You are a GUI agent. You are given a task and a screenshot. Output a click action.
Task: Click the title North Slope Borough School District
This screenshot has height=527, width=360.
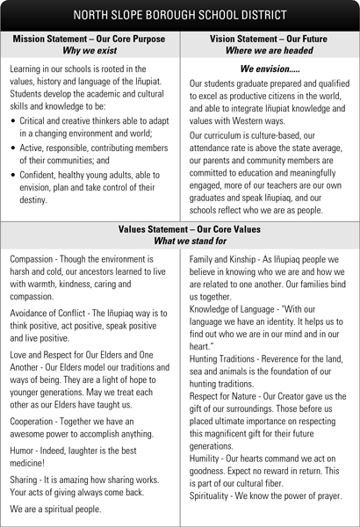180,15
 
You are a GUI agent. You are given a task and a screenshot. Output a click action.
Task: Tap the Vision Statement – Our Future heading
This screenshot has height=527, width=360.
270,40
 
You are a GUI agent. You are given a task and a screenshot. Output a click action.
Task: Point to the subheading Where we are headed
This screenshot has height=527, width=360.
270,51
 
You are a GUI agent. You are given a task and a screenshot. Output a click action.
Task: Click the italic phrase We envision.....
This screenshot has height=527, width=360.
270,69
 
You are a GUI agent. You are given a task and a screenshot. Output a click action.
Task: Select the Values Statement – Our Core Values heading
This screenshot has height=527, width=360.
180,230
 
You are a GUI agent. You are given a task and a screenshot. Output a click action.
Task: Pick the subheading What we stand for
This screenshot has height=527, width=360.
180,242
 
